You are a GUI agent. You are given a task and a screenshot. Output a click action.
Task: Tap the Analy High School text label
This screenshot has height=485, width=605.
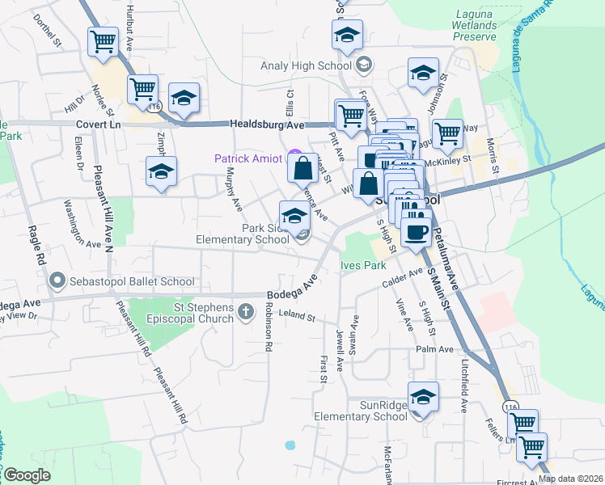[x=307, y=65]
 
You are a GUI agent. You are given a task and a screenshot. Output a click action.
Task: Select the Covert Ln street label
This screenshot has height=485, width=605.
[x=98, y=125]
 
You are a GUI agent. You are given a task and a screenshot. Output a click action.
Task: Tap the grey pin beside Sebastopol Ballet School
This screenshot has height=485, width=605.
[x=57, y=281]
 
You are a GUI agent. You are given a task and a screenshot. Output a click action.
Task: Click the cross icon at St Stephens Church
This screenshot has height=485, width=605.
[x=246, y=310]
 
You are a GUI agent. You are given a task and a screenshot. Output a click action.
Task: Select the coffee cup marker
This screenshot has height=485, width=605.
[x=417, y=232]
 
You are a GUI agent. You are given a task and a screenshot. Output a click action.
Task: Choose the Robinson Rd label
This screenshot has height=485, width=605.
[x=267, y=327]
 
